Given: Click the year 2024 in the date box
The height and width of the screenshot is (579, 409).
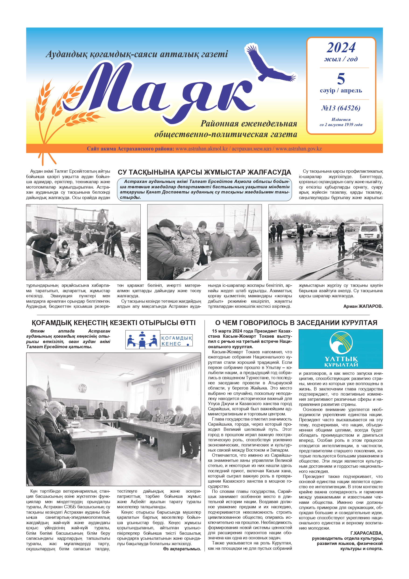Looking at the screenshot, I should tap(341, 48).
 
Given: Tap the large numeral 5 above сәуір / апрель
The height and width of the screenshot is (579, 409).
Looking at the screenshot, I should tap(341, 79).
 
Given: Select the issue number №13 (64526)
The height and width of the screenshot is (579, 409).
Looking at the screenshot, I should tap(341, 108).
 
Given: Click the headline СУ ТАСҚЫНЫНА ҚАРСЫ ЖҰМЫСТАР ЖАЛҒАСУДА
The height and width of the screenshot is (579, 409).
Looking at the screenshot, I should tap(204, 172).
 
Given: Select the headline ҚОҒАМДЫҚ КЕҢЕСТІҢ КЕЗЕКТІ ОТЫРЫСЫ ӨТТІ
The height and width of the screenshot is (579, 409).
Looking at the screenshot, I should tap(113, 323).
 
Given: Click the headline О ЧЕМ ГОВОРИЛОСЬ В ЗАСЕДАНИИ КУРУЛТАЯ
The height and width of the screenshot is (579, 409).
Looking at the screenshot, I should tap(296, 323).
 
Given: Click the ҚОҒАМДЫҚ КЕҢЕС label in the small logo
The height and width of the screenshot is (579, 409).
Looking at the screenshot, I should tap(177, 341).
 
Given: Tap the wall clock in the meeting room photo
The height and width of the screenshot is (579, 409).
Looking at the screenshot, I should tap(159, 391).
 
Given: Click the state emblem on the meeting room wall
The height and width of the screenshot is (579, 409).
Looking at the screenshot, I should tap(82, 388).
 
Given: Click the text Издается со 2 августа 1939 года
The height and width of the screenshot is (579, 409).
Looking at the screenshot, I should tap(341, 122).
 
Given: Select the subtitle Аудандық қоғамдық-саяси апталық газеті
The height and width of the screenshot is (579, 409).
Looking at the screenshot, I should tap(137, 54).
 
